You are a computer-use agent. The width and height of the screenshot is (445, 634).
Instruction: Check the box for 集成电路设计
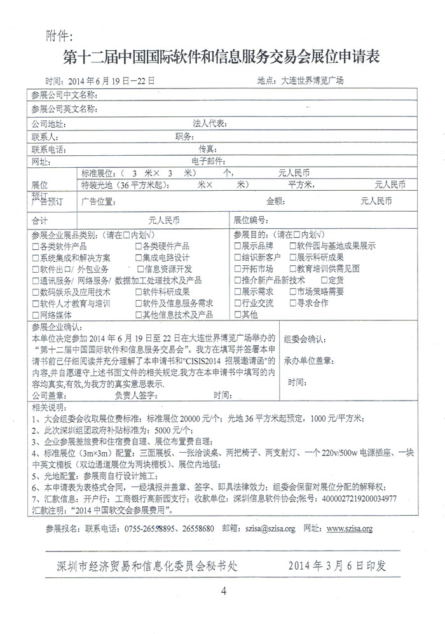point(138,258)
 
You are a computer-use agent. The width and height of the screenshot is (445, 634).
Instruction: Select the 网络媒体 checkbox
point(35,315)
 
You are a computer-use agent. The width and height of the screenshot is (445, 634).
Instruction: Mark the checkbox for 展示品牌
point(237,246)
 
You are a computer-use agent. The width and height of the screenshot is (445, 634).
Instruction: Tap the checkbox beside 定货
point(324,280)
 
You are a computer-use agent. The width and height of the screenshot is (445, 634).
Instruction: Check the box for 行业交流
point(237,303)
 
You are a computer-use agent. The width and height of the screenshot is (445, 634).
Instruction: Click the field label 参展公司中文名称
point(64,95)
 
